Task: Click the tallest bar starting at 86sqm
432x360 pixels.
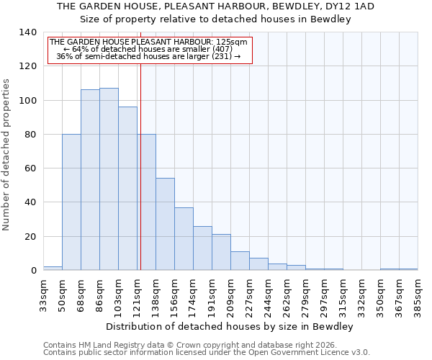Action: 109,179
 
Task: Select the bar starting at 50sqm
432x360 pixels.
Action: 71,202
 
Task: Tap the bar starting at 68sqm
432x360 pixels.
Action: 90,180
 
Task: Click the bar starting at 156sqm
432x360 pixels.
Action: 184,238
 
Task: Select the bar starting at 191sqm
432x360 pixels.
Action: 221,252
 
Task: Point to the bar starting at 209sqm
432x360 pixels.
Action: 240,261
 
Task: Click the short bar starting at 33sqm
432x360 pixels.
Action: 53,268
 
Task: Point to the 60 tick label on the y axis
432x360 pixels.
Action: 30,168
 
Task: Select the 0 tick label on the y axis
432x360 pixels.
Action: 33,271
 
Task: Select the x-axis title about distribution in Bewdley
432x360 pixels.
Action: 230,326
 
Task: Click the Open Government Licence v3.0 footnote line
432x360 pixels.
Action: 207,353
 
